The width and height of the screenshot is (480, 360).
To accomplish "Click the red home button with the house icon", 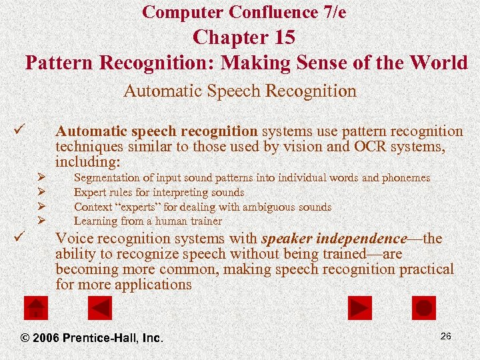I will pyautogui.click(x=35, y=308).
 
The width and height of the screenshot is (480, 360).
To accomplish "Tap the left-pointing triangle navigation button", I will pyautogui.click(x=100, y=308).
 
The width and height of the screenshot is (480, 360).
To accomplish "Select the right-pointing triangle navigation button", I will pyautogui.click(x=360, y=308).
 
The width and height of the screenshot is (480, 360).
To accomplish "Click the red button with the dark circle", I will pyautogui.click(x=423, y=308).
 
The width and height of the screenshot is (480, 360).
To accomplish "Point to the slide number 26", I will pyautogui.click(x=445, y=336).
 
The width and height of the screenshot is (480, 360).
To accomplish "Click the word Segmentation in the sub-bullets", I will pyautogui.click(x=107, y=178).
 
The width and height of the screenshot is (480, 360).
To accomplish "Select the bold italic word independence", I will pyautogui.click(x=361, y=239).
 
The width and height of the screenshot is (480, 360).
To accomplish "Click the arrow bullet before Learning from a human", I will pyautogui.click(x=41, y=221).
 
